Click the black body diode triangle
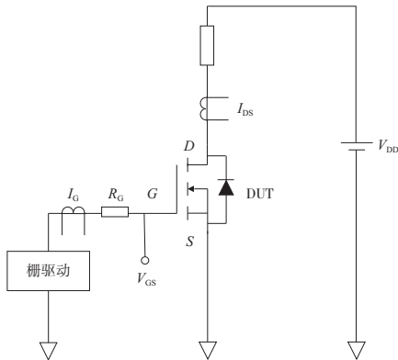point(223,189)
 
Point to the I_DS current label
point(244,111)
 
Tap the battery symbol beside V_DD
point(353,145)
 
